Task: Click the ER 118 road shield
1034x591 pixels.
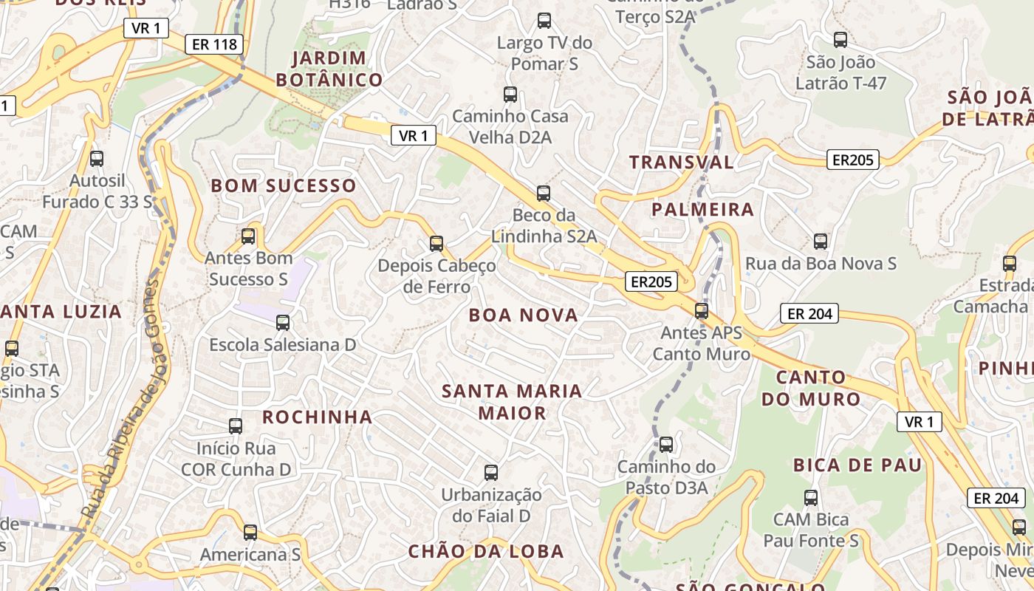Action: coord(214,44)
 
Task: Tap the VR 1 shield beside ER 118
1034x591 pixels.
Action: coord(146,28)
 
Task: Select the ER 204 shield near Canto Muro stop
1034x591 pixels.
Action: coord(809,314)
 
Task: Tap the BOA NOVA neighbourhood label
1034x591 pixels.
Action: coord(523,315)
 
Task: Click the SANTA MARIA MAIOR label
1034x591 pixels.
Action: coord(512,402)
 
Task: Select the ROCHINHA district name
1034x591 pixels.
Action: coord(317,417)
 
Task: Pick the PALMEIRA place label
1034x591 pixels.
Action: coord(702,210)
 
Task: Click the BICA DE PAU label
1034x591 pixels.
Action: coord(857,465)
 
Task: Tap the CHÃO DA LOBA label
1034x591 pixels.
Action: coord(486,551)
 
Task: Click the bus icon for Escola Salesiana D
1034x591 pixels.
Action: coord(283,323)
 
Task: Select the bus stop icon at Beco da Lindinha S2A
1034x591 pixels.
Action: coord(544,194)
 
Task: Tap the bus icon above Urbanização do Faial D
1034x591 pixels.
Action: coord(491,473)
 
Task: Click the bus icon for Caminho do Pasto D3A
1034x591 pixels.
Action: coord(666,445)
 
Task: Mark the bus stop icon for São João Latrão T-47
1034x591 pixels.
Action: coord(840,40)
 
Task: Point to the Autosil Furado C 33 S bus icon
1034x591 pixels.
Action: coord(97,159)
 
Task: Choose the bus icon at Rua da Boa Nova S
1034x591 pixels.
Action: coord(821,242)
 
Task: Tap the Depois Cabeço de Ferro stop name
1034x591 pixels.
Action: coord(436,276)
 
